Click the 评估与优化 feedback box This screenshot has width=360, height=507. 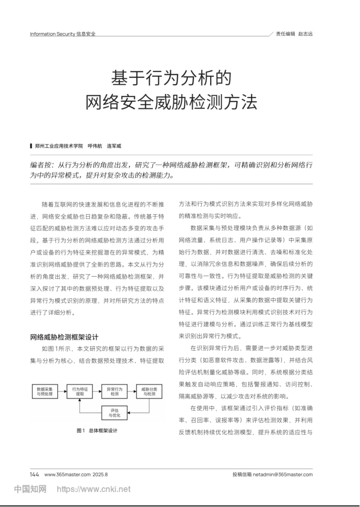pyautogui.click(x=115, y=413)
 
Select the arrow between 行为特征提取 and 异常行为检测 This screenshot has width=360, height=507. pyautogui.click(x=97, y=392)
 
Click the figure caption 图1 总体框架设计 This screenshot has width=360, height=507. pyautogui.click(x=97, y=430)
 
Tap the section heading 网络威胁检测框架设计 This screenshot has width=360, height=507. pyautogui.click(x=64, y=337)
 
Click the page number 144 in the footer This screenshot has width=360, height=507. pyautogui.click(x=34, y=474)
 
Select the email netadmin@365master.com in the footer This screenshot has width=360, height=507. pyautogui.click(x=283, y=474)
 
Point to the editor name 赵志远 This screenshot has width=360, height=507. pyautogui.click(x=305, y=34)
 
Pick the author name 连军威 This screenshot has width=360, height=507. pyautogui.click(x=114, y=146)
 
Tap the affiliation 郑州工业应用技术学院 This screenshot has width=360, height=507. pyautogui.click(x=59, y=146)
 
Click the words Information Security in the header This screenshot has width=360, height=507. pyautogui.click(x=52, y=34)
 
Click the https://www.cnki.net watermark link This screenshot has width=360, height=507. pyautogui.click(x=94, y=489)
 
